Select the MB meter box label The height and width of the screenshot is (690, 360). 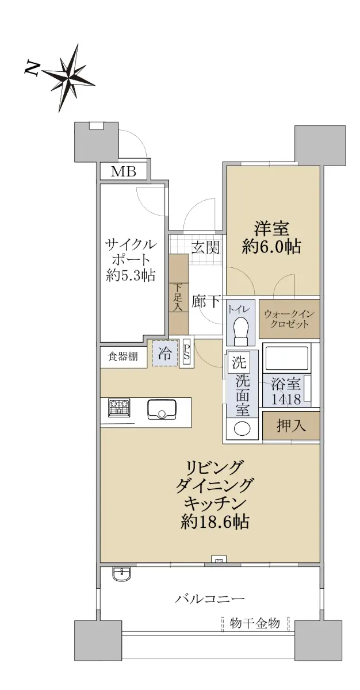click(x=124, y=171)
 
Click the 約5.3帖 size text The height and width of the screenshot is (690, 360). click(x=131, y=275)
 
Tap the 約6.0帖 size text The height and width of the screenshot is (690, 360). click(x=271, y=247)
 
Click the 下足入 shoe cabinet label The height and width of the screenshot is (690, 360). click(x=178, y=297)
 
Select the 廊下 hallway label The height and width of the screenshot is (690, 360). click(x=206, y=301)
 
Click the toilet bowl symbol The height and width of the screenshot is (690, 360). click(x=241, y=331)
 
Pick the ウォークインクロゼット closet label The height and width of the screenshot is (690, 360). click(x=289, y=319)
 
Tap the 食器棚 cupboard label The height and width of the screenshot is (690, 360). click(x=122, y=356)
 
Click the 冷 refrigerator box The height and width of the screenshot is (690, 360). click(x=165, y=353)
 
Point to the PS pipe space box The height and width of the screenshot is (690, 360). click(x=187, y=352)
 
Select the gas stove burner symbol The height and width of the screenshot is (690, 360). click(x=119, y=408)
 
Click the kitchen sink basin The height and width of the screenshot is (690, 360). click(x=162, y=409)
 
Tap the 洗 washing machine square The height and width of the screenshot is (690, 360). click(x=239, y=363)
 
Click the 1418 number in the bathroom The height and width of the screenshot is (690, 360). click(x=286, y=399)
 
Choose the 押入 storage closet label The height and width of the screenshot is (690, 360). click(x=291, y=425)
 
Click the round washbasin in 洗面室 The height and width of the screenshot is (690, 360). click(x=242, y=428)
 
